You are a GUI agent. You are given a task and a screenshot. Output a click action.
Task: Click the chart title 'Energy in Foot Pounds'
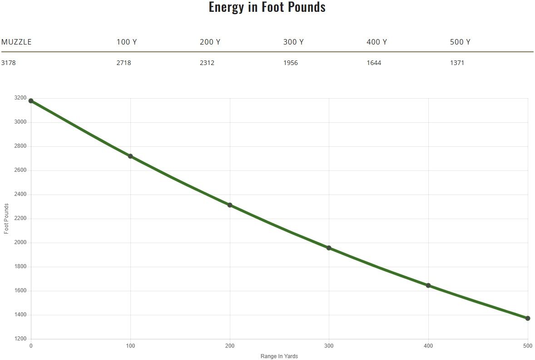(x=267, y=7)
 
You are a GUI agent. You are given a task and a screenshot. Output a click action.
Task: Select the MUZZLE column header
(x=16, y=42)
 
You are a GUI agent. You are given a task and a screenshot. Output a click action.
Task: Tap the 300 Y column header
(x=293, y=42)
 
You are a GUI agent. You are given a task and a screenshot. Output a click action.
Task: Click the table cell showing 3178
(x=8, y=63)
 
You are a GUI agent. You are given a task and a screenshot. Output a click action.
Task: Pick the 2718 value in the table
(x=124, y=63)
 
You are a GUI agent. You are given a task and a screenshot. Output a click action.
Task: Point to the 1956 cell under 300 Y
(x=291, y=63)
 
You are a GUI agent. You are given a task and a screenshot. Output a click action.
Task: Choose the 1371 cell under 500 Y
(x=457, y=63)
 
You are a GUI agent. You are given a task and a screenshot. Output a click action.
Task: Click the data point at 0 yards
(x=31, y=101)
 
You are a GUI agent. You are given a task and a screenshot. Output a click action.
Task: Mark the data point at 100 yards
(x=130, y=156)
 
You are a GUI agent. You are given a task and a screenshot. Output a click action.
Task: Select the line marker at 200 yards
(x=230, y=205)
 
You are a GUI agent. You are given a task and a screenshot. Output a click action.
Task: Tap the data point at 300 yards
(x=329, y=248)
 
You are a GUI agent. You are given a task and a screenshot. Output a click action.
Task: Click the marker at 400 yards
(x=428, y=285)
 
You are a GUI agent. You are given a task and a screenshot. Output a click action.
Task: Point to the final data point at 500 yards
(x=528, y=318)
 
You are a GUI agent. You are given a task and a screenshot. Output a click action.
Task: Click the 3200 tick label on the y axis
(x=20, y=98)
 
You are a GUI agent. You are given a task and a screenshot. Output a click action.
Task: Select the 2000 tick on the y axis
(x=20, y=242)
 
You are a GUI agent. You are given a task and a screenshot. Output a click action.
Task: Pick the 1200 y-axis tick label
(x=20, y=339)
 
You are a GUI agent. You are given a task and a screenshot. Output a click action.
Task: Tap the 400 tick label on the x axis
(x=428, y=346)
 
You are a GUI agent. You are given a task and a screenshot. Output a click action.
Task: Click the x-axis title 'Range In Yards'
(x=279, y=356)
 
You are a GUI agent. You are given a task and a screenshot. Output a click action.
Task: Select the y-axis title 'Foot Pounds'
(x=6, y=219)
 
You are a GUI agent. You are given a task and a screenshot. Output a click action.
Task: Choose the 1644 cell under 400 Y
(x=374, y=63)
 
